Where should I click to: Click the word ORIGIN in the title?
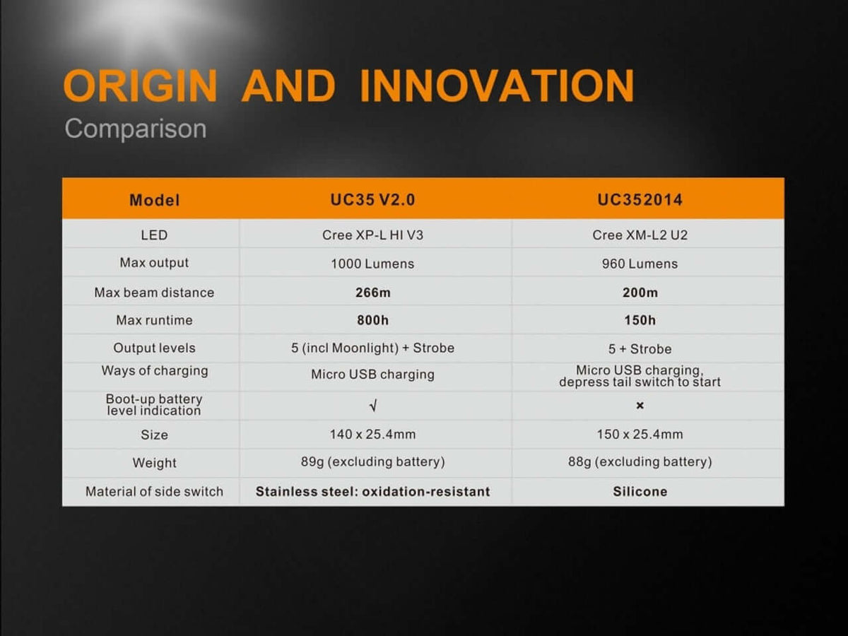pos(140,86)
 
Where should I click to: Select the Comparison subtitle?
pos(135,129)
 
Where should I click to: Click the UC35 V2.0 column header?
pos(372,200)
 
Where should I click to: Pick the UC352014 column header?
pos(640,200)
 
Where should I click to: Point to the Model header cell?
pos(155,201)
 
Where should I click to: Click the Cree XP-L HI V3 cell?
pos(372,235)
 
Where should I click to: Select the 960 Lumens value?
pos(640,264)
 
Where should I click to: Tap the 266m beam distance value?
pos(373,293)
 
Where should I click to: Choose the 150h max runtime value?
pos(640,321)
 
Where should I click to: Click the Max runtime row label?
pos(154,320)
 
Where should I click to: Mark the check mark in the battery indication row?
pos(373,406)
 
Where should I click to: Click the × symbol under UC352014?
pos(640,406)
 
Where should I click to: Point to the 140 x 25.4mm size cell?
pos(372,435)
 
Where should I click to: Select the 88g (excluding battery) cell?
pos(640,462)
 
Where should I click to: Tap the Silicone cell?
pos(640,492)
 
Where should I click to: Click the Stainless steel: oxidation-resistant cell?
pos(372,492)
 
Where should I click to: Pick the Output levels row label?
pos(154,348)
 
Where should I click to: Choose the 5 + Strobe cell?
pos(640,349)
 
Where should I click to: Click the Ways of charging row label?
pos(155,371)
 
